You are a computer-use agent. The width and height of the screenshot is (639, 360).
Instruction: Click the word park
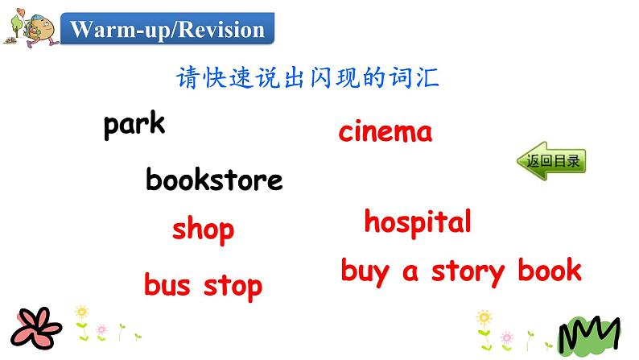coord(134,125)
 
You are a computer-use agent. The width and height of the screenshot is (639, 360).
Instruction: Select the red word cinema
coord(385,131)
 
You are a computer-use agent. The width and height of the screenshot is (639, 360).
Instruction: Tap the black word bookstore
coord(214,180)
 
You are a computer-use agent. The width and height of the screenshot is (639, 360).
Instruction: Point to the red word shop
coord(203,230)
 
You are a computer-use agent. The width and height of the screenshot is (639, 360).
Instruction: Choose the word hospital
coord(417,221)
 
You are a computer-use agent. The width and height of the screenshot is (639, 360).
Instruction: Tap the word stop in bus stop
coord(233,286)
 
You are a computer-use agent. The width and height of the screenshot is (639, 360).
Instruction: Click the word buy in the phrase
coord(366,271)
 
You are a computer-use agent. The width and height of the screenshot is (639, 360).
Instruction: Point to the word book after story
coord(550,270)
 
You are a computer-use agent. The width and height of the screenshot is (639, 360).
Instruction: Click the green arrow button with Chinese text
coord(551,161)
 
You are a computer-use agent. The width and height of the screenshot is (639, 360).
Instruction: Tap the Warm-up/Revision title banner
coord(167,31)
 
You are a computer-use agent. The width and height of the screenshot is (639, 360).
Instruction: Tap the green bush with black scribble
coord(589,335)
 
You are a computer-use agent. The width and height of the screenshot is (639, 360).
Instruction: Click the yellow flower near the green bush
coord(484,318)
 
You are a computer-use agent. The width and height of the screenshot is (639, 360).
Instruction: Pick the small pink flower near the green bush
coord(507,337)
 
